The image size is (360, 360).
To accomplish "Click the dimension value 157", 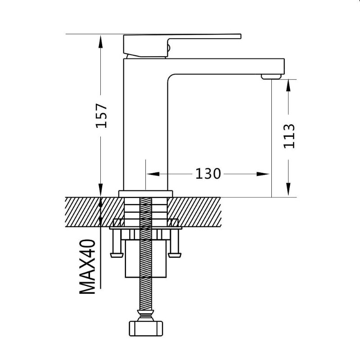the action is click(101, 116).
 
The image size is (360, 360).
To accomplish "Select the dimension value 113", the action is click(289, 136).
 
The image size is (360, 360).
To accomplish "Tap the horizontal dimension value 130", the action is click(208, 174).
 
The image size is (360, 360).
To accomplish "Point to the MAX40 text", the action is click(87, 266).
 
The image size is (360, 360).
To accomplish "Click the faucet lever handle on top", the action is click(181, 45).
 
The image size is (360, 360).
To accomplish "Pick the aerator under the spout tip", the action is click(271, 76).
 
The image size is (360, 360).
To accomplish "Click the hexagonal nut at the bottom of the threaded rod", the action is click(146, 328).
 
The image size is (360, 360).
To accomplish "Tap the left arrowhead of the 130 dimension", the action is click(153, 174).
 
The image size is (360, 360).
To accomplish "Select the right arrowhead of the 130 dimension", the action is click(263, 174).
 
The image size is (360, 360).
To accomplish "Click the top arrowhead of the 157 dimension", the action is click(100, 41).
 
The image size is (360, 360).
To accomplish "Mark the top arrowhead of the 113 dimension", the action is click(288, 86).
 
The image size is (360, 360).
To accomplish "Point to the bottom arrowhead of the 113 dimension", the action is click(288, 189).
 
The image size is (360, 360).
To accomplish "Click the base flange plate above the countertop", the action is click(145, 194).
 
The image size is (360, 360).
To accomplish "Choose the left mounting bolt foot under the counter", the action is click(117, 244).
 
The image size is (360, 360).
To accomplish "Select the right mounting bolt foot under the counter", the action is click(175, 244).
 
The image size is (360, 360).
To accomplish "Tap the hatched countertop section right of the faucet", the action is click(194, 212).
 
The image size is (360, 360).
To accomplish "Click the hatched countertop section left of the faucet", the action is click(94, 212).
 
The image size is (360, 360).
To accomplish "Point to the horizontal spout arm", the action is click(226, 66).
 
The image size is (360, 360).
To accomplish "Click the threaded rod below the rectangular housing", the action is click(145, 294).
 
